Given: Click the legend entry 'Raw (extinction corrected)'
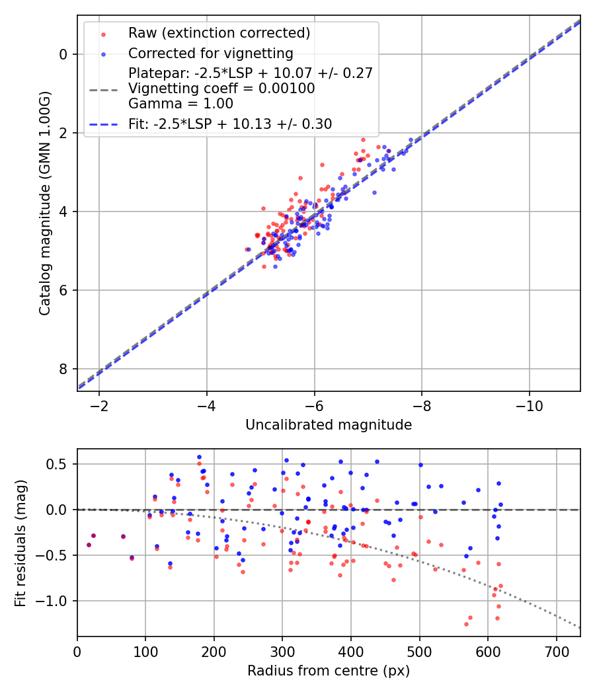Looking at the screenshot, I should point(219,33).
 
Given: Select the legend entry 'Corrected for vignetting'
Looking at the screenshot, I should point(211,54).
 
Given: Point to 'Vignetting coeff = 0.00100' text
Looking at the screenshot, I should point(221,89).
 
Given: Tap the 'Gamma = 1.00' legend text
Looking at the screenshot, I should point(180,103).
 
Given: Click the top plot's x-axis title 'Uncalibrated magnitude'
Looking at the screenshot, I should point(329,425).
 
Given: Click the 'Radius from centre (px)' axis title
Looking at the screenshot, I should point(329,671).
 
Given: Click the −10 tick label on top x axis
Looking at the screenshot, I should point(529,405).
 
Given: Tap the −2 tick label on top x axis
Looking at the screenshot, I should point(99,405).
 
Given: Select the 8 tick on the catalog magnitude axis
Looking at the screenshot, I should point(63,369).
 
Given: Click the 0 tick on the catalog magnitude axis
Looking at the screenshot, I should point(63,54).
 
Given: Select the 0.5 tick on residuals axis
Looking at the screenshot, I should point(59,464).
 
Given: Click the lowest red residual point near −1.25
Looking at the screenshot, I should point(466,624).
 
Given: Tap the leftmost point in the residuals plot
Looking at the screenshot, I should point(89,545).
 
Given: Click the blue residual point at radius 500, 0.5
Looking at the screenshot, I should point(420,465).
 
